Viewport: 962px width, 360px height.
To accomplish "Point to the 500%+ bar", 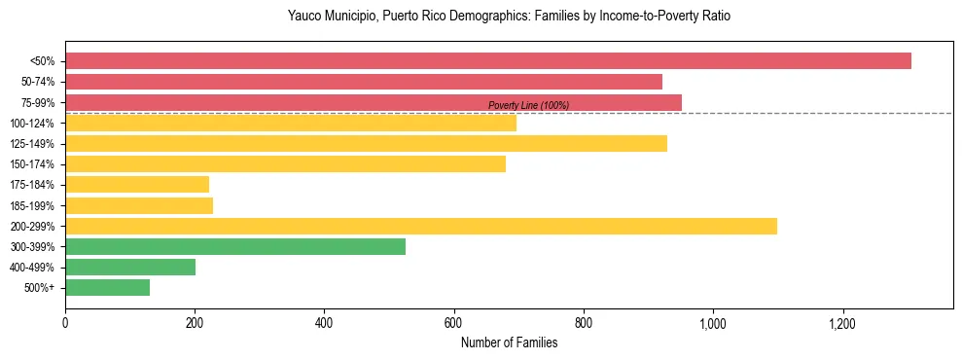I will pyautogui.click(x=107, y=287).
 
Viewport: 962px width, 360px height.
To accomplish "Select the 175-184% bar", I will pyautogui.click(x=137, y=185).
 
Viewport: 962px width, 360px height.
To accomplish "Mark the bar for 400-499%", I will pyautogui.click(x=130, y=267).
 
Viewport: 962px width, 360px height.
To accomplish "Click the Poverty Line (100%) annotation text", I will pyautogui.click(x=528, y=105).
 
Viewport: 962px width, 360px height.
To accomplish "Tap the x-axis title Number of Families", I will pyautogui.click(x=509, y=342).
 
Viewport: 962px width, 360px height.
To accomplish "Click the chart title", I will pyautogui.click(x=509, y=17).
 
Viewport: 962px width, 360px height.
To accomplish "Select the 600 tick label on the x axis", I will pyautogui.click(x=453, y=323).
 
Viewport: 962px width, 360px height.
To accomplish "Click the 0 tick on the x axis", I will pyautogui.click(x=65, y=323).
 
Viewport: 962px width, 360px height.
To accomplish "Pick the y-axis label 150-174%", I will pyautogui.click(x=32, y=164).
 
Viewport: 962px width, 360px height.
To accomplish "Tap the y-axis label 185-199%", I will pyautogui.click(x=32, y=205).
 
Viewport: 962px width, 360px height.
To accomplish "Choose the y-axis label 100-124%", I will pyautogui.click(x=32, y=124).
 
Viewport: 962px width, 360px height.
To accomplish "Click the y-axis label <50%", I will pyautogui.click(x=42, y=61).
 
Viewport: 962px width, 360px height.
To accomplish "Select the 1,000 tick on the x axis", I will pyautogui.click(x=713, y=323).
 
